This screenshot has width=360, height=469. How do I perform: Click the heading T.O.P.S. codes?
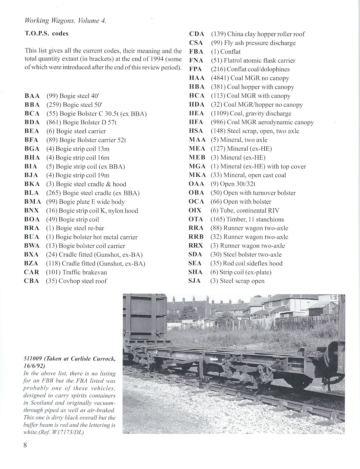pos(46,33)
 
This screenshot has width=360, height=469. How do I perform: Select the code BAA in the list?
pos(32,96)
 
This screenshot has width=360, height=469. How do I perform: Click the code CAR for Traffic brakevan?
pos(31,272)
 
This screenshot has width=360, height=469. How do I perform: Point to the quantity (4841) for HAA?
pos(220,78)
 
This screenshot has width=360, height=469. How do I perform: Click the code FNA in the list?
pos(196,61)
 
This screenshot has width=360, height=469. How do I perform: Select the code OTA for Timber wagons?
pos(196,219)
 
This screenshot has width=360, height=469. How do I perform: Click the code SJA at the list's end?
pos(195,281)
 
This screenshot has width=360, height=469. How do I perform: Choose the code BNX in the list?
pos(32,211)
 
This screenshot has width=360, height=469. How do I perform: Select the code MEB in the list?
pos(197,158)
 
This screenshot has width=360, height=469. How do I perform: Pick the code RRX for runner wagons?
pos(196,246)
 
